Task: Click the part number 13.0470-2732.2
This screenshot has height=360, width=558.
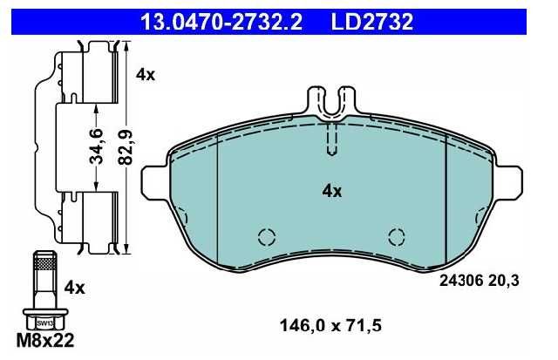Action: [x=221, y=22]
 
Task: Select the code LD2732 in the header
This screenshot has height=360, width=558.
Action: [x=372, y=22]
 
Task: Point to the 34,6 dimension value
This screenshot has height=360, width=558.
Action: [x=96, y=146]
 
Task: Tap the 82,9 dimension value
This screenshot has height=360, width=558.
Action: [x=126, y=147]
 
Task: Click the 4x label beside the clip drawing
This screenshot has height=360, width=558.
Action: [x=146, y=75]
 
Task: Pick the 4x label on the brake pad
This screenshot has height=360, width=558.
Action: [x=331, y=192]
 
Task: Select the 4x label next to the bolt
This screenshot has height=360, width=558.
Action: [x=75, y=288]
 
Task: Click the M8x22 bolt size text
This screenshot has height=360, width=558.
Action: [x=45, y=341]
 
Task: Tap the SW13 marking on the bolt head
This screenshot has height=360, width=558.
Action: [x=45, y=323]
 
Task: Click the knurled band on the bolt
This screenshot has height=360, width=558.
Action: [x=45, y=264]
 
